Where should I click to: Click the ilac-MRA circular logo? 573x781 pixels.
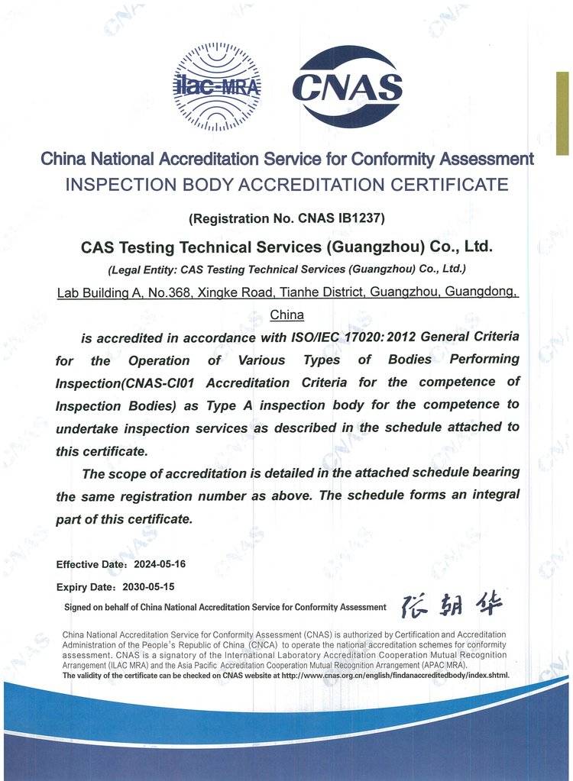218,87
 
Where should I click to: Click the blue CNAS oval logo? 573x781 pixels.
348,87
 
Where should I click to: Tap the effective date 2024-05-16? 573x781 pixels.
160,564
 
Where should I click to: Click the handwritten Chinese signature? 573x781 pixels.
452,605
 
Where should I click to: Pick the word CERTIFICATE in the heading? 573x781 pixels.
449,184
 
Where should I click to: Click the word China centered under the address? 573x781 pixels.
287,315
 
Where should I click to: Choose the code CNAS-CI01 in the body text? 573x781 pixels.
158,382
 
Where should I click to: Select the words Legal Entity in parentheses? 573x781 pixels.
144,269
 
